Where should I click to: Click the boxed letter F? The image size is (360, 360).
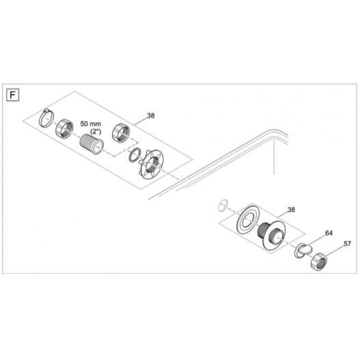click(x=12, y=95)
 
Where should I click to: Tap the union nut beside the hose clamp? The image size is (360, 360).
click(x=64, y=129)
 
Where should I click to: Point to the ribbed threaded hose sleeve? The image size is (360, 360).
click(x=92, y=143)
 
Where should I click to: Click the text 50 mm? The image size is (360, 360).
click(x=90, y=124)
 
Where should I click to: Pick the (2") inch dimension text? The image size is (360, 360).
click(x=96, y=132)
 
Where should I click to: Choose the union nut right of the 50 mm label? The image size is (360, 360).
click(x=121, y=133)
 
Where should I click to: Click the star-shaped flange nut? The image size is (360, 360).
click(x=151, y=164)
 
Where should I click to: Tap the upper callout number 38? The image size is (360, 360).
click(x=150, y=115)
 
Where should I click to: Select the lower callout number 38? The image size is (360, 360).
click(x=291, y=210)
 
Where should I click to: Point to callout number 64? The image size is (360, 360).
click(x=329, y=233)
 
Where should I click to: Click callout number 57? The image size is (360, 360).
click(x=348, y=244)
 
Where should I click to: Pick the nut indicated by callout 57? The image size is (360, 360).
click(x=319, y=261)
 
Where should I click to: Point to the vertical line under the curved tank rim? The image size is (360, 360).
click(x=274, y=158)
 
